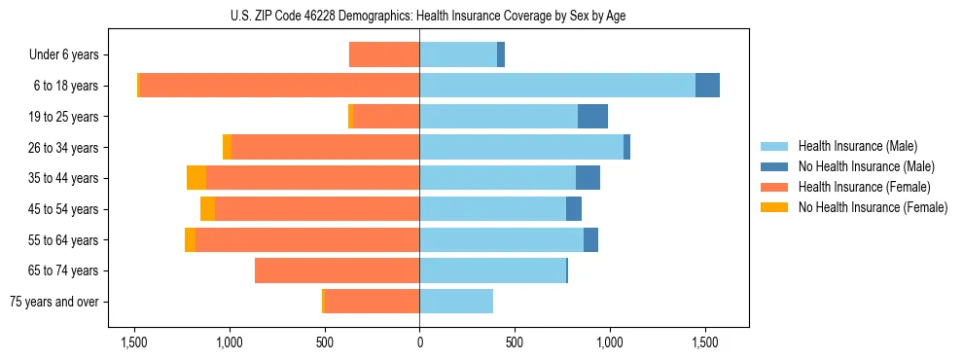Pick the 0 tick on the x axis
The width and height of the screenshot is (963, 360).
[419, 342]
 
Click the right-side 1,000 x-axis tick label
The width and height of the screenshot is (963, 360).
[610, 342]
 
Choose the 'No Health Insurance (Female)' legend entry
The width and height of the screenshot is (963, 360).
[873, 207]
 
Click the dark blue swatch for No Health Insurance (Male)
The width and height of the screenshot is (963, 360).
[774, 166]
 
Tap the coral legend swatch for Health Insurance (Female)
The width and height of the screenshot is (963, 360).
[774, 187]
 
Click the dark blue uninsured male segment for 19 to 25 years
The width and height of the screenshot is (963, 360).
[592, 117]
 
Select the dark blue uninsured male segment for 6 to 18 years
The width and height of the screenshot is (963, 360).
[707, 86]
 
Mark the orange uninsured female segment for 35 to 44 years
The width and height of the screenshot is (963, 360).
[196, 178]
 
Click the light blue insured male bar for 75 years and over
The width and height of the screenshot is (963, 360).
[456, 302]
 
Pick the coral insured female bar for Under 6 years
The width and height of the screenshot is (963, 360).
[384, 54]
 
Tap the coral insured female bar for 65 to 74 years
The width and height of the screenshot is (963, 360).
[337, 270]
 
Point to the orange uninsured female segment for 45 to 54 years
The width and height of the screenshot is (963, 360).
[208, 209]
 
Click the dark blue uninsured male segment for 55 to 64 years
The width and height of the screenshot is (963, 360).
[590, 239]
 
